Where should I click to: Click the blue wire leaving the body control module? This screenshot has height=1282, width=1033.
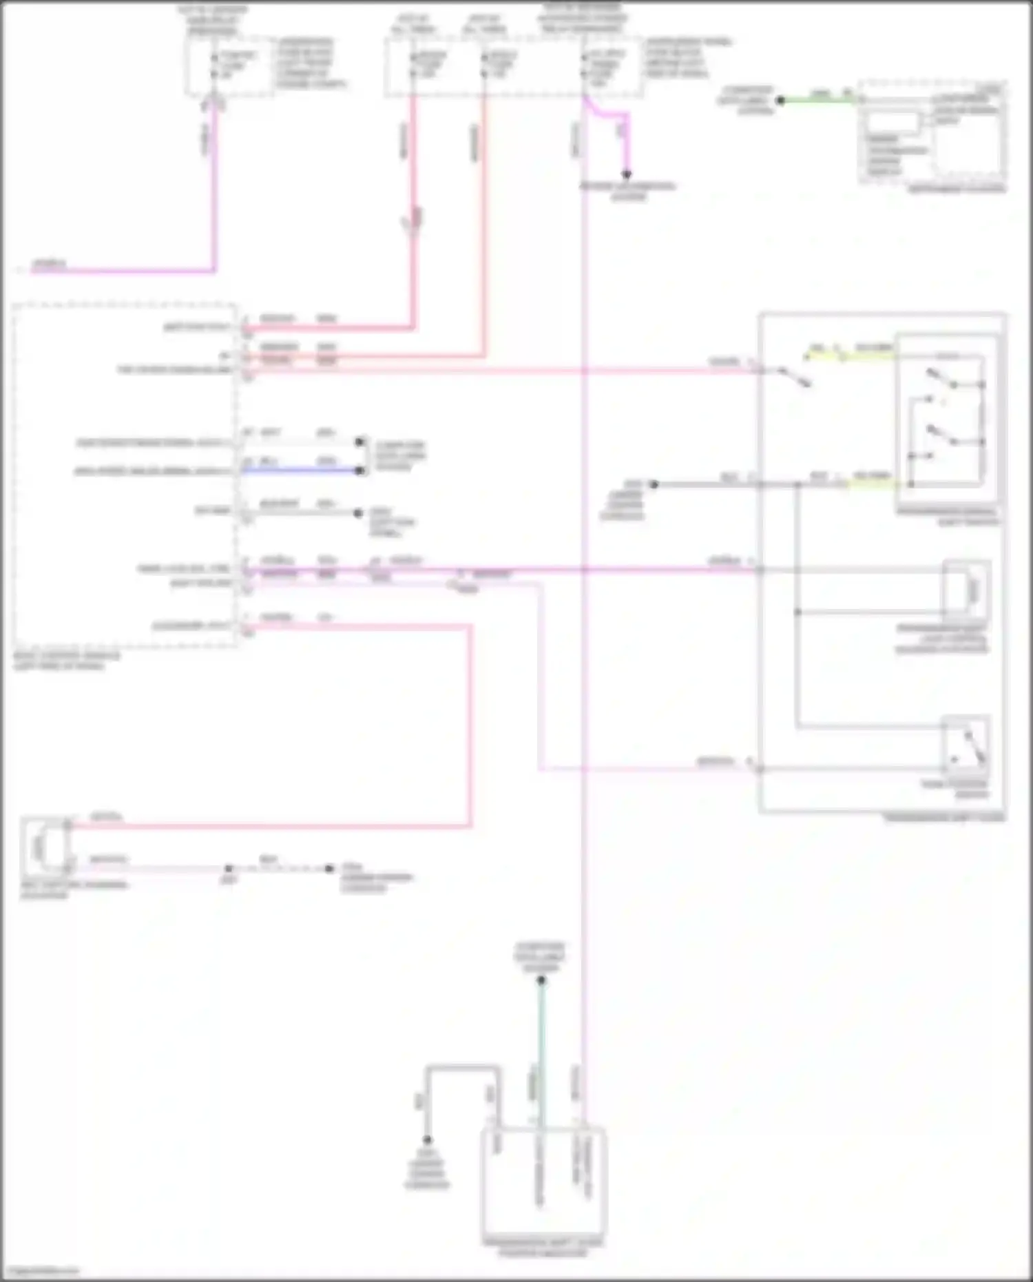pos(303,471)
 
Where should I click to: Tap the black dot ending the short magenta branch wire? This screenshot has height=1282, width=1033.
pos(627,175)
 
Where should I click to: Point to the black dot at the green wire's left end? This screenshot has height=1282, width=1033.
pos(780,101)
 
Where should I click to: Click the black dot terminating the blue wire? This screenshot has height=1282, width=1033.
pos(359,471)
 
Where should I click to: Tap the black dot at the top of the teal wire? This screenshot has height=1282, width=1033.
pos(541,980)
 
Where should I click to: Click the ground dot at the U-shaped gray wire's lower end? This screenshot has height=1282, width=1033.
pos(427,1140)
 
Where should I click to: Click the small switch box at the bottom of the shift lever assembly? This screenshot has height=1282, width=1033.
pos(966,747)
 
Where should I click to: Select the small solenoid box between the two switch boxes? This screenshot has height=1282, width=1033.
pos(967,590)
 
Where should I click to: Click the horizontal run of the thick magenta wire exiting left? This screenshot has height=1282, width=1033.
pos(124,271)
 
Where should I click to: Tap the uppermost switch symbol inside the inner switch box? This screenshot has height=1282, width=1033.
pos(941,378)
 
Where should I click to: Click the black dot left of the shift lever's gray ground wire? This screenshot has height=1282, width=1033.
pos(654,484)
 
